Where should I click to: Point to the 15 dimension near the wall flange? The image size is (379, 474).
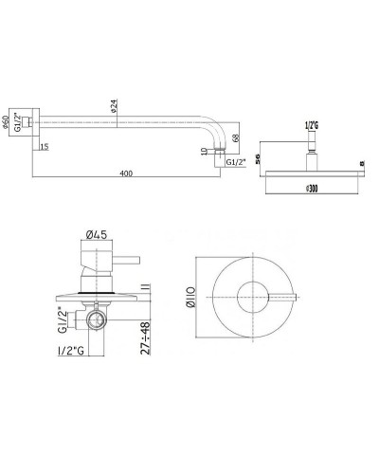click(x=45, y=147)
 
